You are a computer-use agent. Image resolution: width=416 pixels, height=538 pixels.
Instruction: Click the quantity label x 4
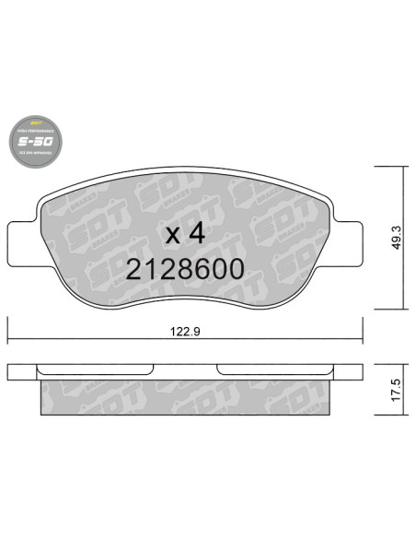(184, 233)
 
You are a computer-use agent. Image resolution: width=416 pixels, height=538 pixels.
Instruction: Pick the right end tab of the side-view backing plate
(350, 371)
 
